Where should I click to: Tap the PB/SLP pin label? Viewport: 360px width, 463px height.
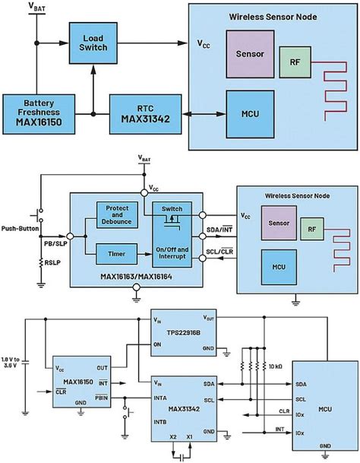tap(55, 243)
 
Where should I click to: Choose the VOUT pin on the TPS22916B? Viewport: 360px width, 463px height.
tap(213, 319)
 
